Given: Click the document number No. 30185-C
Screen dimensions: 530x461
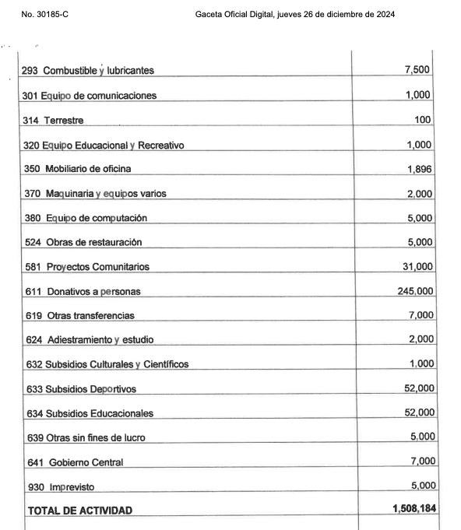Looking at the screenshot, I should pyautogui.click(x=45, y=15).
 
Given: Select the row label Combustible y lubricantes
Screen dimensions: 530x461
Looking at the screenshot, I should pyautogui.click(x=109, y=71).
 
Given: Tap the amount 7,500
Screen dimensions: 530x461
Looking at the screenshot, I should pyautogui.click(x=419, y=70).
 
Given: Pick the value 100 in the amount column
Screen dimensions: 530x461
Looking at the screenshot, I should pyautogui.click(x=424, y=120).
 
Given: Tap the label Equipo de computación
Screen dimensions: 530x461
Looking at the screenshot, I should pyautogui.click(x=107, y=218).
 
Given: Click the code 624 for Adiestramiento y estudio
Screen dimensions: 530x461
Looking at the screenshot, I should pyautogui.click(x=33, y=340).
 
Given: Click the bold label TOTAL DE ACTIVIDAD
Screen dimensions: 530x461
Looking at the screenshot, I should pyautogui.click(x=80, y=511).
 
